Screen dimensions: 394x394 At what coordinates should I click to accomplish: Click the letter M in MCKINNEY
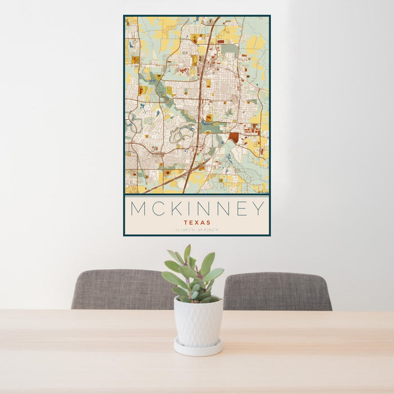point(139,209)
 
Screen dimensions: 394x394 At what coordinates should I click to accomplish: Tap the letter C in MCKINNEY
point(158,209)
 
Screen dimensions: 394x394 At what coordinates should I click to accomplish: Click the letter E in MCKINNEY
point(240,209)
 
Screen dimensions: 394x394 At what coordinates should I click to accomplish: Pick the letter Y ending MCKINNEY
point(258,209)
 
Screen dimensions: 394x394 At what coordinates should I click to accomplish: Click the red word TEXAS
point(197,222)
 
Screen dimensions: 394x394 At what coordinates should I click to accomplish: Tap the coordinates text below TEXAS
point(197,230)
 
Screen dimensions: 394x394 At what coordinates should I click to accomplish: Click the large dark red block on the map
point(234,137)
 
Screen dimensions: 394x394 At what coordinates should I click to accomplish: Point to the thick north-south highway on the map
point(201,101)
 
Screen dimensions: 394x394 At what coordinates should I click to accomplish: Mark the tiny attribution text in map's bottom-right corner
point(261,192)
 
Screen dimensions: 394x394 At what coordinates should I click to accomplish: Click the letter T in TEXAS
point(185,222)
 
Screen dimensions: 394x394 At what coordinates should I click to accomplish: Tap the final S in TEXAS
point(209,222)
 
